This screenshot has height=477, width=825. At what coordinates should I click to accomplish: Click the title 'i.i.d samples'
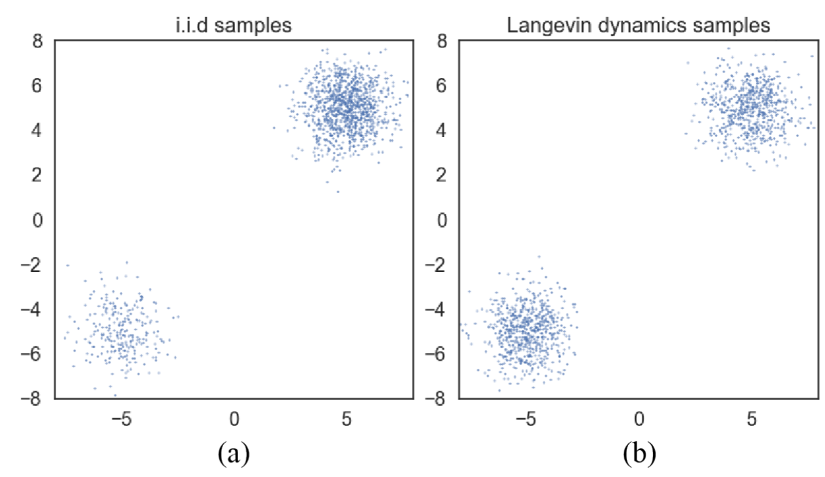tap(233, 26)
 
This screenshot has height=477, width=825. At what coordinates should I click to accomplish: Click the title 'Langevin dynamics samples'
tap(638, 26)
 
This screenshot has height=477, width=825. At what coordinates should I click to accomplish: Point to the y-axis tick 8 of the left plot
tap(39, 41)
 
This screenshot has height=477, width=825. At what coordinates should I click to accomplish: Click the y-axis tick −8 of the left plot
tap(34, 398)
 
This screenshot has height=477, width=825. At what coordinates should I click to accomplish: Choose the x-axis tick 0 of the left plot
tap(234, 418)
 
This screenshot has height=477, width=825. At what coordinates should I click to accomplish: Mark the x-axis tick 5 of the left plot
tap(346, 418)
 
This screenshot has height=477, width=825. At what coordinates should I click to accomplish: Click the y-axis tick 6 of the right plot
tap(444, 86)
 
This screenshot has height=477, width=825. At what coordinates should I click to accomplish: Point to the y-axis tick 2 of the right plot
tap(444, 175)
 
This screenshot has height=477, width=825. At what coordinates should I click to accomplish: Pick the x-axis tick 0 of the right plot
tap(639, 418)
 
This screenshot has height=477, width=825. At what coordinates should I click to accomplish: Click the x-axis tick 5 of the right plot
tap(751, 418)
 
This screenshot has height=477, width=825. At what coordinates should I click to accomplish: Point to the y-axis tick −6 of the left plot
tap(34, 354)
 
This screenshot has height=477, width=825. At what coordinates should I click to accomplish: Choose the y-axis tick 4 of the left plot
tap(39, 131)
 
